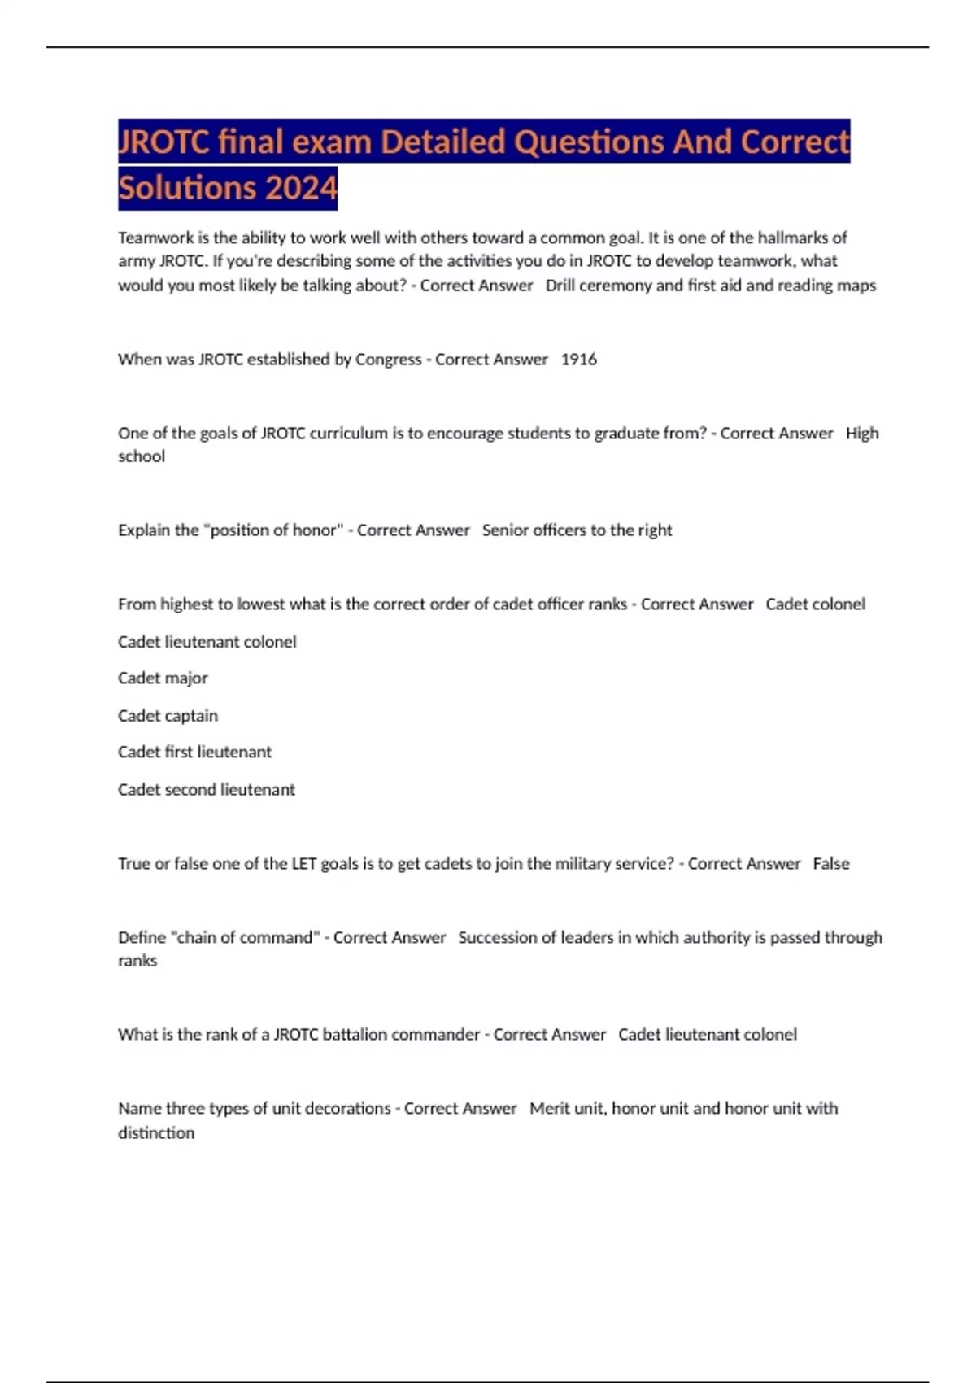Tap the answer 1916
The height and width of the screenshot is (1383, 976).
[x=579, y=360]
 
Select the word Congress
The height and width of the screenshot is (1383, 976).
[x=388, y=360]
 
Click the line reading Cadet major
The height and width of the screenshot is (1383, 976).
[x=163, y=678]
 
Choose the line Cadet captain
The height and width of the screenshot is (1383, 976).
[x=168, y=716]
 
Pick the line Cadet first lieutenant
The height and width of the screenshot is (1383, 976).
[x=194, y=753]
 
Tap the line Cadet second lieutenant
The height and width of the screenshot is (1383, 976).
[x=206, y=790]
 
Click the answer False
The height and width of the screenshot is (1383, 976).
[x=830, y=864]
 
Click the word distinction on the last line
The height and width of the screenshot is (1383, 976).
[x=156, y=1133]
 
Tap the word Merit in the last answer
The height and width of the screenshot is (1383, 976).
[x=548, y=1109]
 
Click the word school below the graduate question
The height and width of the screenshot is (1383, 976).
[x=142, y=457]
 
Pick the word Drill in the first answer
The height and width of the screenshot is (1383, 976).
[x=560, y=286]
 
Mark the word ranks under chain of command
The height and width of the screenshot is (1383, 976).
[x=137, y=962]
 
